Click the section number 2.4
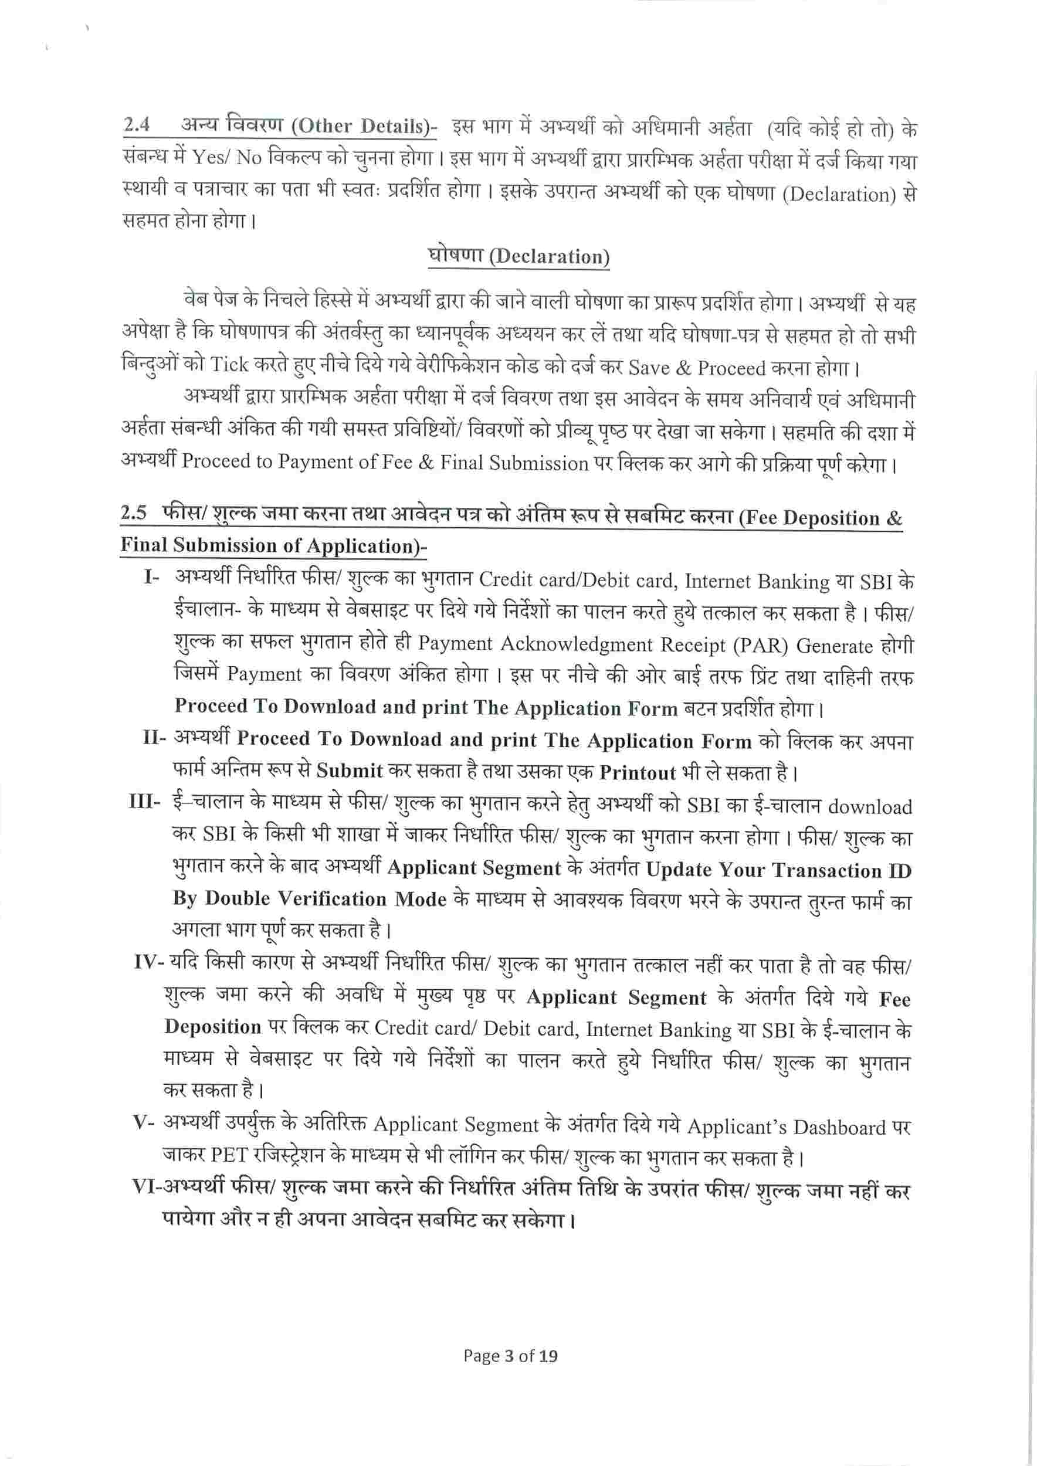(137, 124)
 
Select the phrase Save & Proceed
(697, 368)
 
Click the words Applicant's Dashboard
(786, 1127)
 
